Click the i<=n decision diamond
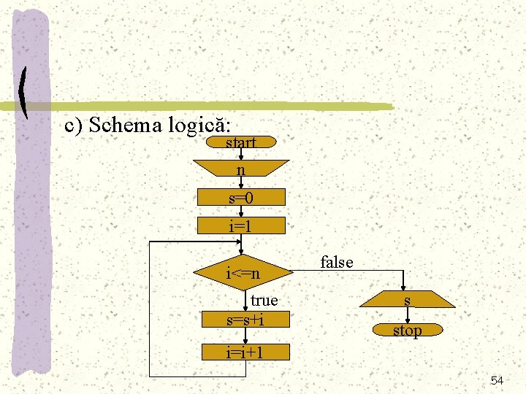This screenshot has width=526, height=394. [244, 274]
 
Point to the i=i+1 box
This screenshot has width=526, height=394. [245, 353]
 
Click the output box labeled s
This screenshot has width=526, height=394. [408, 300]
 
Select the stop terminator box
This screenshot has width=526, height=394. [408, 331]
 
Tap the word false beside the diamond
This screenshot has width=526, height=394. [337, 262]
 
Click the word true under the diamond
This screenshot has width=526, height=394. [264, 300]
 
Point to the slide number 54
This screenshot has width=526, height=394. [497, 381]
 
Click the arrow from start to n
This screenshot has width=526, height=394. [242, 155]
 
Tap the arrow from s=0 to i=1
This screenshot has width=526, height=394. [242, 212]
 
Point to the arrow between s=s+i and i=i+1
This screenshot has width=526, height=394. [245, 336]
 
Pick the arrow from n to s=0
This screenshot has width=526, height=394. [242, 183]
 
